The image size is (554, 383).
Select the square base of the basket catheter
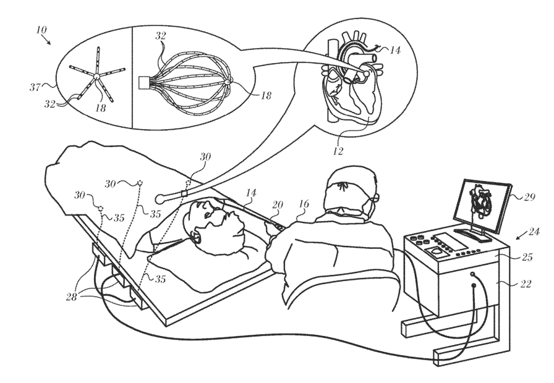point(145,81)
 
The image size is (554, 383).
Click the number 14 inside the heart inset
point(394,51)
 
